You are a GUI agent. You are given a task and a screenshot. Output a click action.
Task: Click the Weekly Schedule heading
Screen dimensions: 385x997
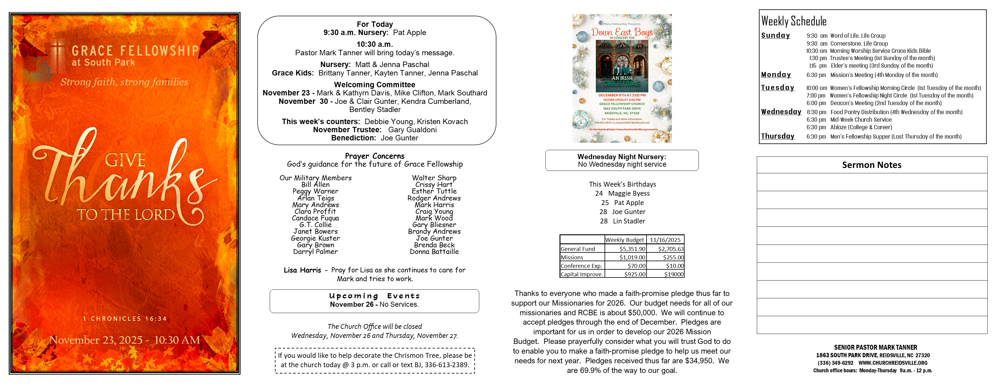pos(793,21)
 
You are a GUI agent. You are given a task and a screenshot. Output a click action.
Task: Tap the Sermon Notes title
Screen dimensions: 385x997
pos(872,165)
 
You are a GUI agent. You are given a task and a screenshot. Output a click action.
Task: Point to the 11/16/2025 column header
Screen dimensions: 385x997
pos(665,240)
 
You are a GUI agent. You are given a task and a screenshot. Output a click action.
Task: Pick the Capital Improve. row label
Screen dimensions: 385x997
pos(581,274)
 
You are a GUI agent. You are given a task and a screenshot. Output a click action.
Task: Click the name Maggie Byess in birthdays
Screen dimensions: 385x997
pos(628,194)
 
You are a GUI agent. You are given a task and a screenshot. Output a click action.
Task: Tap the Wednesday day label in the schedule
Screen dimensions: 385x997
pos(781,112)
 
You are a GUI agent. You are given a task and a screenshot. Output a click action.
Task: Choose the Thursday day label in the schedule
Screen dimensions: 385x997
pos(778,136)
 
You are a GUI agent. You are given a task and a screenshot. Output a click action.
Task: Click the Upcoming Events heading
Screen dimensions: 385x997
pos(374,296)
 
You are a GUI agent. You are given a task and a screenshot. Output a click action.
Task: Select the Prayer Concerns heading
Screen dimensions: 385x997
pos(374,156)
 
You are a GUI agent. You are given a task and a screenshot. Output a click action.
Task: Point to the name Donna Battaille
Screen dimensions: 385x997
pos(434,252)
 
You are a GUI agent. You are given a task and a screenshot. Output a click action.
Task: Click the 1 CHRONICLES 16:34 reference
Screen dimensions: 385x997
pos(124,319)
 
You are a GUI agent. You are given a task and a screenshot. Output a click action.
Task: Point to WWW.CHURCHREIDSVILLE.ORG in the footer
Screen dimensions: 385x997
pos(893,363)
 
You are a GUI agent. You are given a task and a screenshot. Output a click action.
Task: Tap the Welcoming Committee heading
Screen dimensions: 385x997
pos(374,85)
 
